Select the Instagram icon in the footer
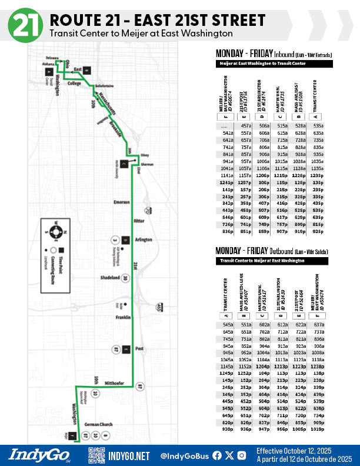pos(242,455)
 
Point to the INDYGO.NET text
pos(129,455)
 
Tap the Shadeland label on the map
pos(109,278)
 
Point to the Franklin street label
pos(122,318)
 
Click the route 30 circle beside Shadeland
pos(125,278)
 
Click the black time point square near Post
pos(125,349)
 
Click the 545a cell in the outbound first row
pos(228,324)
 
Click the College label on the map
pos(74,84)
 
